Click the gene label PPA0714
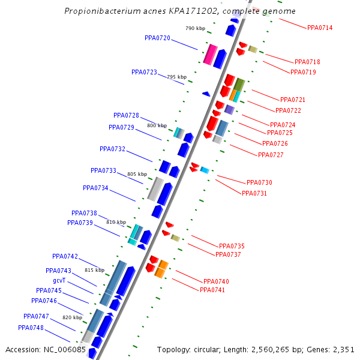point(320,28)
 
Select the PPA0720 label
point(157,38)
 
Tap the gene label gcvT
point(59,281)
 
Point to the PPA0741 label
point(212,290)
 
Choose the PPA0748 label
point(31,328)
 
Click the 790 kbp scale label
point(195,28)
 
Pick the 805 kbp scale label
point(137,175)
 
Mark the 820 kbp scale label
point(72,317)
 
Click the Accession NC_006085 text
point(46,349)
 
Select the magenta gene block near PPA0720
point(209,54)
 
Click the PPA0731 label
point(254,193)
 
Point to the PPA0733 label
point(103,170)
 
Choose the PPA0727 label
point(271,155)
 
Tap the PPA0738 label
point(84,213)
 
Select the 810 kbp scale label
point(116,222)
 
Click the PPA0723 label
point(144,72)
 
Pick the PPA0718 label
point(307,62)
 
